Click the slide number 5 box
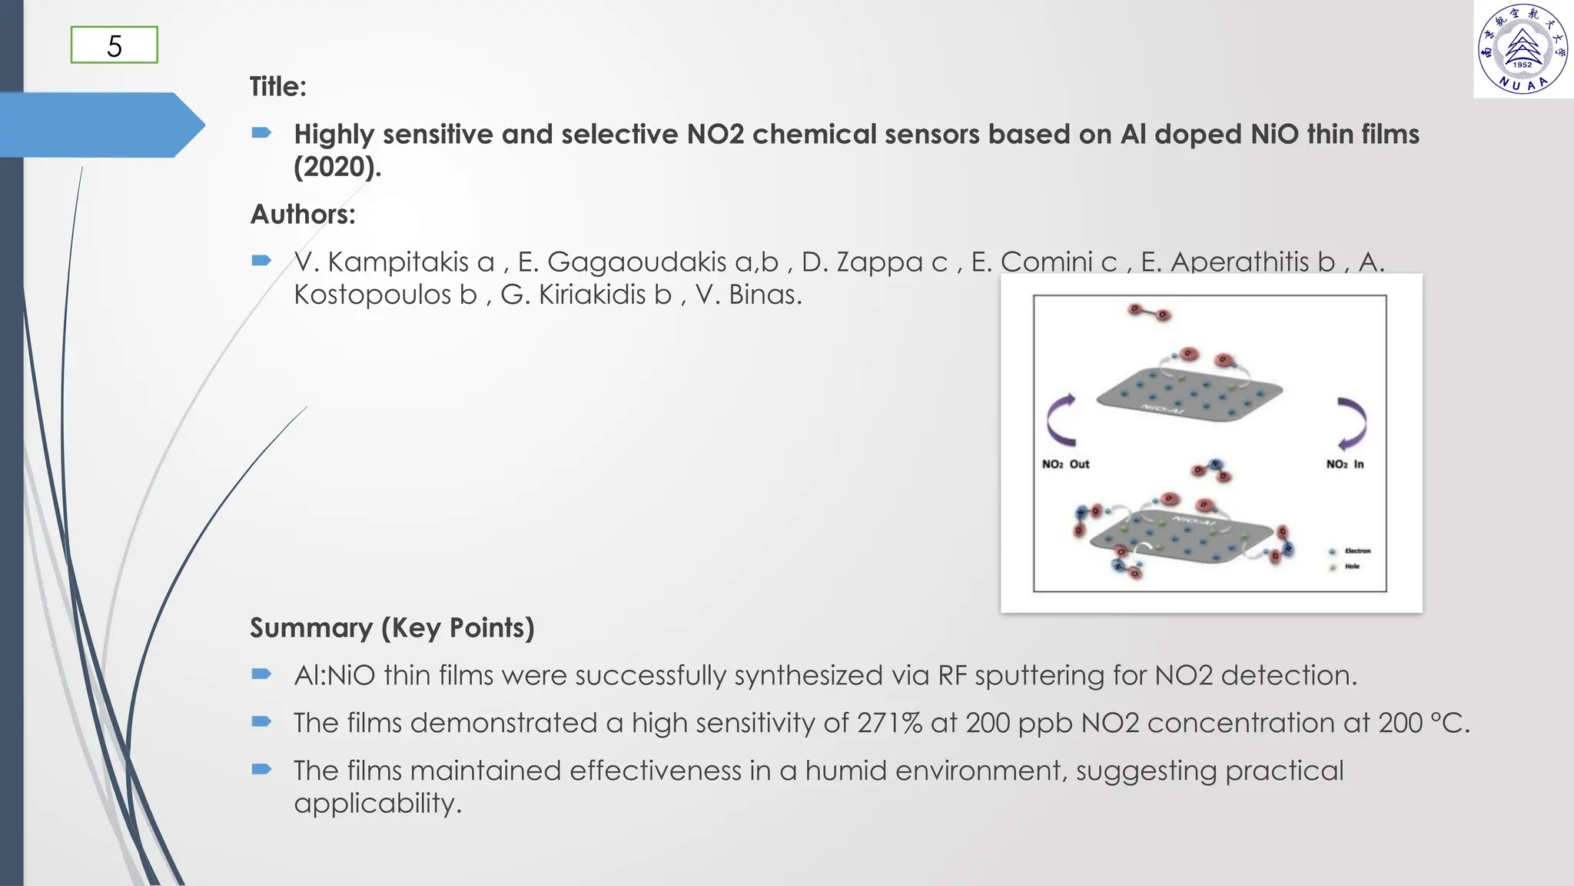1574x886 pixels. [114, 45]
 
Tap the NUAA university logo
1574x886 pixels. [1523, 49]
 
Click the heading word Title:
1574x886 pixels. [277, 86]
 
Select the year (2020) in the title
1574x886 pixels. [337, 166]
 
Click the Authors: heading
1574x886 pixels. [302, 214]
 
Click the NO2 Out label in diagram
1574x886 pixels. [1065, 464]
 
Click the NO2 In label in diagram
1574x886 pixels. [1344, 464]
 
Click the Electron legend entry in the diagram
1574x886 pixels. [1356, 551]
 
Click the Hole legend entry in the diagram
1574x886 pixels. [1351, 566]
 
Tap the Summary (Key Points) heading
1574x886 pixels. [392, 628]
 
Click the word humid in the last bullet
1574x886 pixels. [845, 771]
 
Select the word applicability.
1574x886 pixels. [377, 803]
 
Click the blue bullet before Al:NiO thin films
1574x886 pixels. [261, 674]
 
